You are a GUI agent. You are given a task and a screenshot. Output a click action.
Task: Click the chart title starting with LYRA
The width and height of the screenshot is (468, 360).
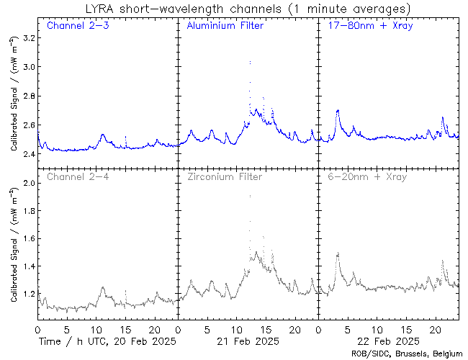234,9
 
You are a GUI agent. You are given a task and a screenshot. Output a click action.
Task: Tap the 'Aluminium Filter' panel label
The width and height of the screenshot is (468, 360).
225,27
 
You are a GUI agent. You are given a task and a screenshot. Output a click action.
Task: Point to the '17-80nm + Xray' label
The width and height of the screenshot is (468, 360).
367,27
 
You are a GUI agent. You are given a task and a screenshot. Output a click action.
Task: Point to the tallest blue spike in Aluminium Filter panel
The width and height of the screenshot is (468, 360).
249,63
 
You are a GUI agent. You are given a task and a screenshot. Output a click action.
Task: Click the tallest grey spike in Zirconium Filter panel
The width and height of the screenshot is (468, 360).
249,196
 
